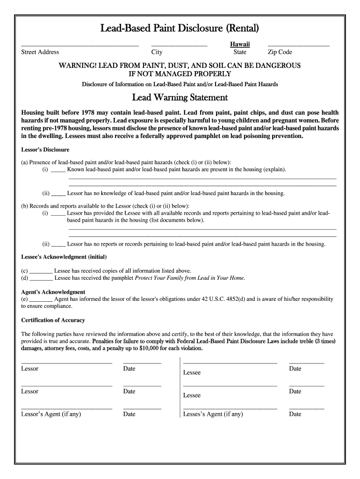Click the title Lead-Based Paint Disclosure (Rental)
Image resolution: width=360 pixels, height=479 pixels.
(x=180, y=29)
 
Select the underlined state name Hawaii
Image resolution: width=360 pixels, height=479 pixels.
(x=240, y=44)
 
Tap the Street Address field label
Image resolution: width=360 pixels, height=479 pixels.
(x=40, y=52)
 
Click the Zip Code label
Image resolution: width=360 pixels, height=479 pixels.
(x=280, y=52)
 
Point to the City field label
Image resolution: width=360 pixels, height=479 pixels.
(x=157, y=52)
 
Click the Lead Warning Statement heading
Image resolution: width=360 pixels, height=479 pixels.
(x=180, y=98)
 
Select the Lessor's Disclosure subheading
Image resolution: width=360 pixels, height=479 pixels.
(x=45, y=150)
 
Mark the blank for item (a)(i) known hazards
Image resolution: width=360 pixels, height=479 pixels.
(x=58, y=170)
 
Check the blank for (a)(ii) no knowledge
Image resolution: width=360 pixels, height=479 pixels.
(x=58, y=193)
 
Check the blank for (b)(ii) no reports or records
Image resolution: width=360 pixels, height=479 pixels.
(x=58, y=244)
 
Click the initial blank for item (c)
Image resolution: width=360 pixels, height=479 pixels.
(x=41, y=271)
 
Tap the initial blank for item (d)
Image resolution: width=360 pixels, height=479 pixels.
(x=41, y=278)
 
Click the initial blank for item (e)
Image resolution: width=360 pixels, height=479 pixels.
(x=41, y=299)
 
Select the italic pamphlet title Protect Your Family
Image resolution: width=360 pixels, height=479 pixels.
(x=190, y=278)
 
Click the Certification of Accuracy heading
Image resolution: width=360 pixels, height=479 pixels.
(x=53, y=320)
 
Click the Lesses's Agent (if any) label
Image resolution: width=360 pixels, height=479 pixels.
(x=213, y=414)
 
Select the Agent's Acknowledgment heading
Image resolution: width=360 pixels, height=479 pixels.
(x=53, y=292)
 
